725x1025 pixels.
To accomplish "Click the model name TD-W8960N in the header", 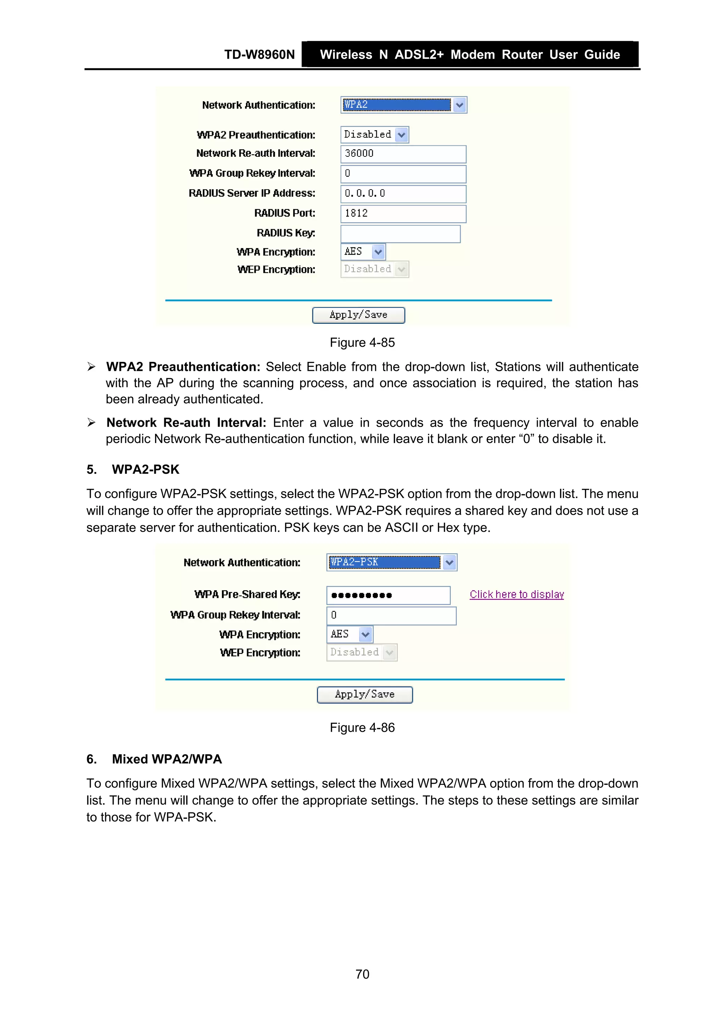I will tap(259, 54).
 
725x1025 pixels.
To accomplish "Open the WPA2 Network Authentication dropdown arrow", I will tap(459, 105).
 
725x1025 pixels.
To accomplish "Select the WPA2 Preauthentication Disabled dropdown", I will tap(374, 134).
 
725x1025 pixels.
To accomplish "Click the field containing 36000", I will tap(403, 154).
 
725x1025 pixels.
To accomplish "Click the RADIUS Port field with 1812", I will tap(403, 213).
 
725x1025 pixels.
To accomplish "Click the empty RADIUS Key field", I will tap(400, 234).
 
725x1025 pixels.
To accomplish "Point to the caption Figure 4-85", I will tap(362, 342).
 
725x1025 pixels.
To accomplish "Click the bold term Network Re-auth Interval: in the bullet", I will tap(186, 422).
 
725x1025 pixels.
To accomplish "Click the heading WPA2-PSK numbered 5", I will tap(145, 469).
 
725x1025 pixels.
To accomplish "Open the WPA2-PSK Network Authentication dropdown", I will tap(449, 563).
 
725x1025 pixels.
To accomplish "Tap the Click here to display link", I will tap(516, 595).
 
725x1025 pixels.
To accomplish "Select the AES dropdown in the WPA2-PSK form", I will tap(350, 634).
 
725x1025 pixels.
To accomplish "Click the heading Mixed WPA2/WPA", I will tap(167, 759).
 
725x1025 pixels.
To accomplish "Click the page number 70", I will tap(362, 974).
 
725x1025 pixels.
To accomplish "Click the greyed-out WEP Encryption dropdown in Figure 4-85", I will tap(374, 269).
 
